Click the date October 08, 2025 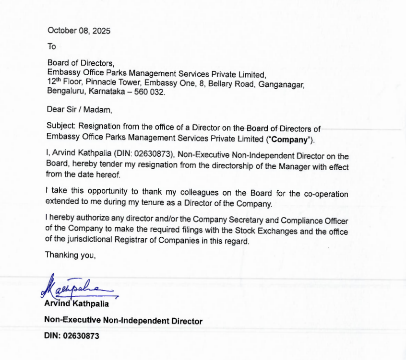[79, 31]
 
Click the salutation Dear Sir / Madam [79, 110]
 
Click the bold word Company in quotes [289, 140]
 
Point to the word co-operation [323, 194]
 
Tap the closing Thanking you [71, 255]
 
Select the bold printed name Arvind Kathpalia [76, 303]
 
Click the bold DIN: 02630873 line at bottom [72, 336]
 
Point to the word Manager [293, 166]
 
